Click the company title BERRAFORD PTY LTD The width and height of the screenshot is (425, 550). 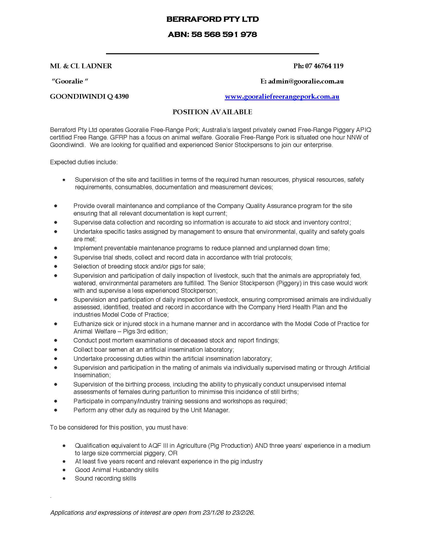[x=212, y=19]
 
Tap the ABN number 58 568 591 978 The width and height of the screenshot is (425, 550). [x=224, y=34]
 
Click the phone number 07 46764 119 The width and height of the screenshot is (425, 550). [x=324, y=66]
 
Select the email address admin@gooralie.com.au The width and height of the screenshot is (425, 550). [x=306, y=81]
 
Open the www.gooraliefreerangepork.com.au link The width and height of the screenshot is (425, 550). [x=282, y=97]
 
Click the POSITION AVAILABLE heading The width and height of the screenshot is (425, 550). [x=212, y=112]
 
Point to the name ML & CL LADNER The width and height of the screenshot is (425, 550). [x=81, y=66]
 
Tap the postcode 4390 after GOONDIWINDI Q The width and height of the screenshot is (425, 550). [x=121, y=97]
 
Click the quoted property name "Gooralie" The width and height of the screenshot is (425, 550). [x=70, y=81]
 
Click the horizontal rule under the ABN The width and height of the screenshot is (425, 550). [x=212, y=54]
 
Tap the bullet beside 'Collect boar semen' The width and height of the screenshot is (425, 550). [x=56, y=349]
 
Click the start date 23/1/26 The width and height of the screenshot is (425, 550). [x=213, y=512]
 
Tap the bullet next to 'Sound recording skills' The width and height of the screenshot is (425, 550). [x=64, y=478]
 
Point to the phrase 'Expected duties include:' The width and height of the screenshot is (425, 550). [x=83, y=162]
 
